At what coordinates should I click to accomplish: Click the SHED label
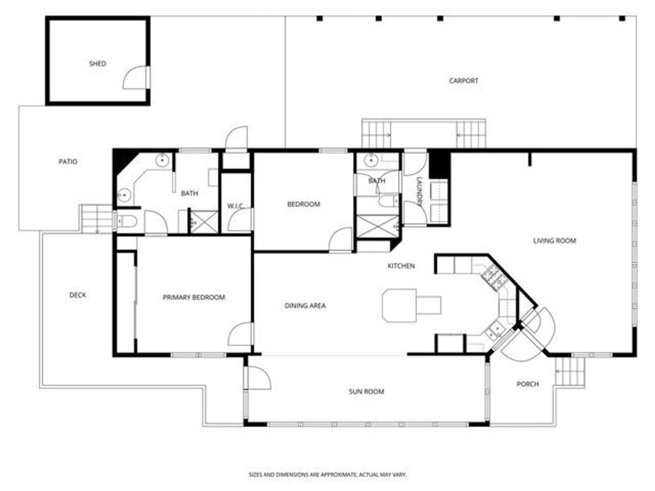98,64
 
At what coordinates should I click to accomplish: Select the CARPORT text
463,81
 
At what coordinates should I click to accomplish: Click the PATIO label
68,161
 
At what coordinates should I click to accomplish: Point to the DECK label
78,295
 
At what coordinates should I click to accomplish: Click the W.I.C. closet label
235,206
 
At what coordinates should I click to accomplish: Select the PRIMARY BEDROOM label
194,297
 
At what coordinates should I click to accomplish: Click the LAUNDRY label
419,191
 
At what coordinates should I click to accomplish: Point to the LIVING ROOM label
554,241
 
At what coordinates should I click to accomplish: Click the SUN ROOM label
366,391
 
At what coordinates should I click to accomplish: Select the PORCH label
528,384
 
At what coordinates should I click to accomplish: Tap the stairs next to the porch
570,372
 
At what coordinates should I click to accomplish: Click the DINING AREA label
305,306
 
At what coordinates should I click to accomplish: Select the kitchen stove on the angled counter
494,277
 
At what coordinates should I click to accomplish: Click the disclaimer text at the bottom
327,475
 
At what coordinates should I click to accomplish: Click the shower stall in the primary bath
204,222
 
